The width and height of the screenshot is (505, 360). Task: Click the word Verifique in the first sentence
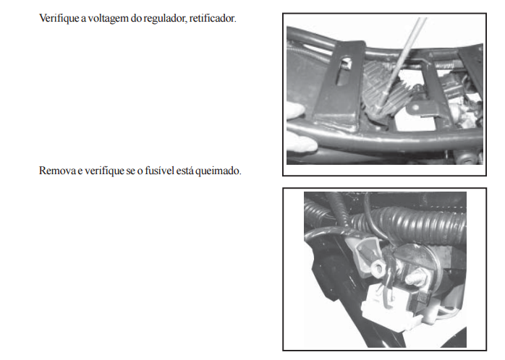tap(59, 19)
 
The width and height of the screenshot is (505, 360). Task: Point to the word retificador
tap(213, 18)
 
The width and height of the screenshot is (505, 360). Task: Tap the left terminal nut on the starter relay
tap(377, 267)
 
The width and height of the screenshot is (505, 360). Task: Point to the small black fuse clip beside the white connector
tap(422, 301)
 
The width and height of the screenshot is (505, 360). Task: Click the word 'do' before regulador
tap(136, 19)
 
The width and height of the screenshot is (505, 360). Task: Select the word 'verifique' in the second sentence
tap(105, 171)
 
